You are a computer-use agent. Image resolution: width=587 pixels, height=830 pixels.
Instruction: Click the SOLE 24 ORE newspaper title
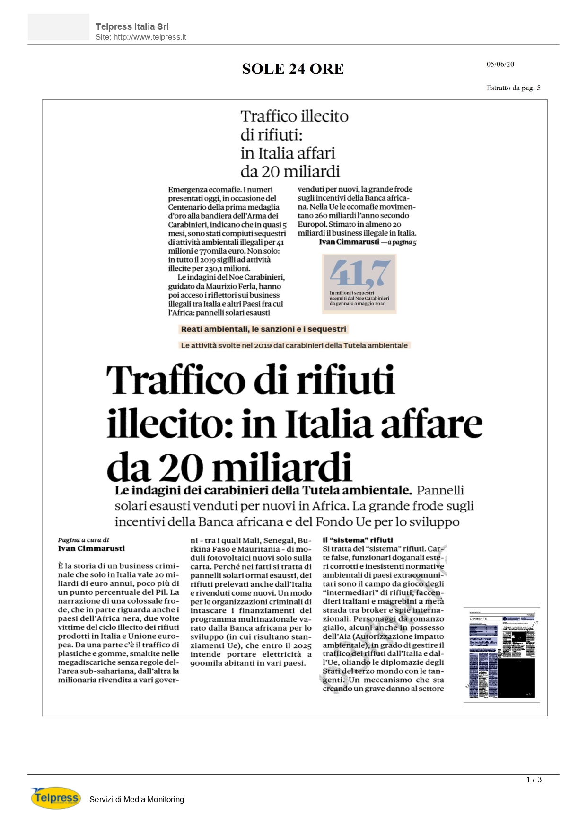coord(293,69)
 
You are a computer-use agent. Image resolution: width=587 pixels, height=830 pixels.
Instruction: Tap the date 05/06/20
coord(500,64)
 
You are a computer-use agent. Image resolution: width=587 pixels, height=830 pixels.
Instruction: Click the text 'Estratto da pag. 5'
coord(513,88)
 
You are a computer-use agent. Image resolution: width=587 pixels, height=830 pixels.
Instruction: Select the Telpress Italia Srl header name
coord(132,27)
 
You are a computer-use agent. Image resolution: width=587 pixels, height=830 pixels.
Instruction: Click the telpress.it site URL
coord(140,37)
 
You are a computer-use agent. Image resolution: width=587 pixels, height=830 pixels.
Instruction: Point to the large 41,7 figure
coord(360,273)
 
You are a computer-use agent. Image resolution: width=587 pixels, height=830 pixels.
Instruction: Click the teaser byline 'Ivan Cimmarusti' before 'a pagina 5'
coord(349,242)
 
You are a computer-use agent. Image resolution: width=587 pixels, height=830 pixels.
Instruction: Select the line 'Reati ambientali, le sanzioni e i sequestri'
coord(263,329)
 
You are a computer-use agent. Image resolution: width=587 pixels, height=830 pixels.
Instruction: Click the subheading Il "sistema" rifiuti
coord(358,540)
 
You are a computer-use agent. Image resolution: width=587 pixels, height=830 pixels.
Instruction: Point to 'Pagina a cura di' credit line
coord(83,540)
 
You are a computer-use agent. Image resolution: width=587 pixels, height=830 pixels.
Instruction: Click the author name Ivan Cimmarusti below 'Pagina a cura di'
coord(91,548)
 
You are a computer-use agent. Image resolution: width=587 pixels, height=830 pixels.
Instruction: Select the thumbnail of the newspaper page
coord(501,654)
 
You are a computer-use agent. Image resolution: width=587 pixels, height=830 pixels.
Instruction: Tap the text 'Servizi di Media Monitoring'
coord(137,799)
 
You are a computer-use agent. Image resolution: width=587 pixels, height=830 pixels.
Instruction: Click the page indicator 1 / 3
coord(534,779)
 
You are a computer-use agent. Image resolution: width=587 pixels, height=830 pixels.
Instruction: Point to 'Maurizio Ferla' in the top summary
coord(229,286)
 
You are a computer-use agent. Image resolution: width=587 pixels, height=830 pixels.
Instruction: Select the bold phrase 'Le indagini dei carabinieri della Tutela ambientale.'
coord(263,490)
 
